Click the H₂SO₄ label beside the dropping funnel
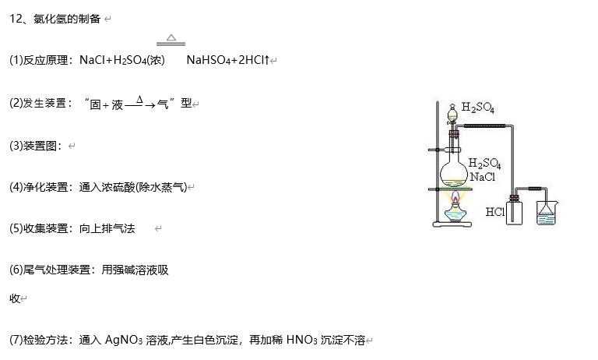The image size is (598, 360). pos(477,107)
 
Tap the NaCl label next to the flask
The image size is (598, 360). pos(482,177)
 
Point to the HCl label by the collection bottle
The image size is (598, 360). pos(494,211)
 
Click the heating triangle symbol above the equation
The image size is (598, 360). pos(171,37)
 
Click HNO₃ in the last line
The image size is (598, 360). pos(301,340)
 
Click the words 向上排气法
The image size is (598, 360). pos(107,228)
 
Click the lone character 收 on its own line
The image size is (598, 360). pos(14,298)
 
